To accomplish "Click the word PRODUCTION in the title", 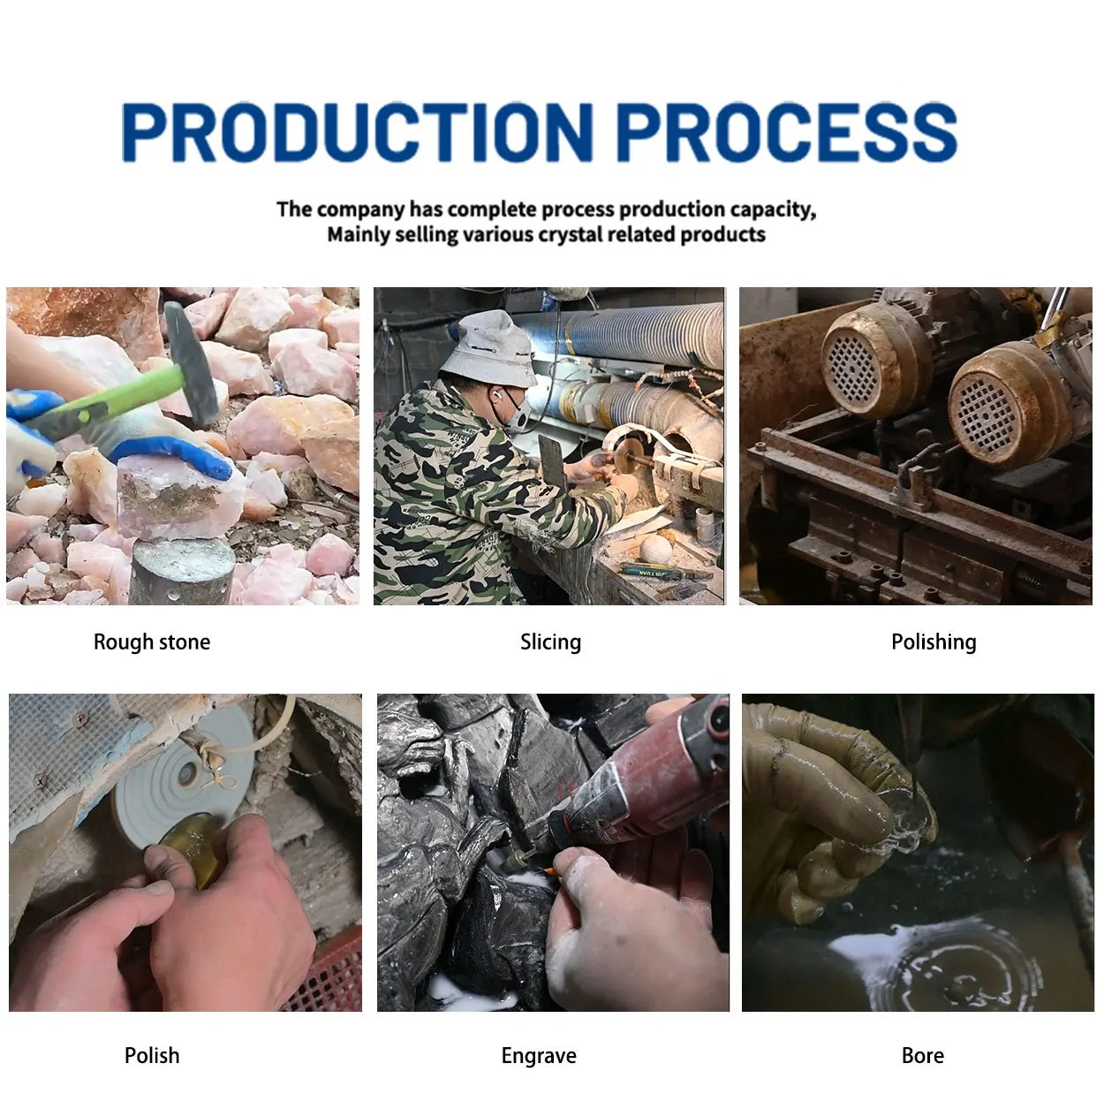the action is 357,132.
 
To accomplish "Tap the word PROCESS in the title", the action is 787,132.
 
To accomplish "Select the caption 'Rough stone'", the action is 152,642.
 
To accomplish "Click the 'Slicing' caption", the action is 550,642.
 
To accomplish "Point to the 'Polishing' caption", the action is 934,642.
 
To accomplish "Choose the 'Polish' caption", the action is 152,1055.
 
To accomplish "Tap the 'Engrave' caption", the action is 539,1056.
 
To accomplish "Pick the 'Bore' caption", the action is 923,1055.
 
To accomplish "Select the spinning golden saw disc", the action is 629,455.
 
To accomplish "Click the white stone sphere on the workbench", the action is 656,549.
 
